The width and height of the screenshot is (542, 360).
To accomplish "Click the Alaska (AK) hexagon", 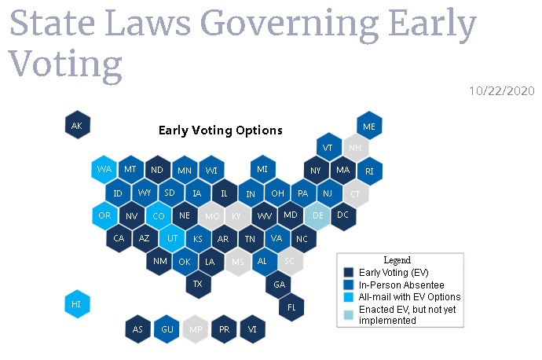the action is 78,125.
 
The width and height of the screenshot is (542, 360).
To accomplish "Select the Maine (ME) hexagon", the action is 369,126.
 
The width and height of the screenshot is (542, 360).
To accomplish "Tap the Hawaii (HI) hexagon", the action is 78,304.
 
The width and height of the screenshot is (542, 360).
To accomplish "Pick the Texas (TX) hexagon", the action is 198,284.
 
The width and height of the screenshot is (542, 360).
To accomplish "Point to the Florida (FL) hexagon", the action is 291,307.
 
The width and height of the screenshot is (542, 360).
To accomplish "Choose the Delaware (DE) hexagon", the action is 317,216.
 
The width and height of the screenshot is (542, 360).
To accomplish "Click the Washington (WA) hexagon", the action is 104,170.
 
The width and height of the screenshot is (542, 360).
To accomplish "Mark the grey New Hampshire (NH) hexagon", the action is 356,148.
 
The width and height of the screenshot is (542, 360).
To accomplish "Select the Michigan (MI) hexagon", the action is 262,170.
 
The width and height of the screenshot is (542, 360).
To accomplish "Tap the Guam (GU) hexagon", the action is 167,329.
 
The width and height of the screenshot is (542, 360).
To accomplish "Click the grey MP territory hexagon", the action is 196,329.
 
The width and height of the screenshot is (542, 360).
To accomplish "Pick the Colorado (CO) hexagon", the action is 159,216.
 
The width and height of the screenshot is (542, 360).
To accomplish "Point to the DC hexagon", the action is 343,216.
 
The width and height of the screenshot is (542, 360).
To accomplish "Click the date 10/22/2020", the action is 502,91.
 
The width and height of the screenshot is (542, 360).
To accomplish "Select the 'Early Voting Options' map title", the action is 221,130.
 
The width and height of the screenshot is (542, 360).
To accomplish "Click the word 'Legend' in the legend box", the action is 397,260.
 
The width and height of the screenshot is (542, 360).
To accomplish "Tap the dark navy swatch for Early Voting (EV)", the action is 349,273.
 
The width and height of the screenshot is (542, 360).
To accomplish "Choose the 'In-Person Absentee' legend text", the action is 401,285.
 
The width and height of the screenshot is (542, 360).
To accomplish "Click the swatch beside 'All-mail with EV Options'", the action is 349,297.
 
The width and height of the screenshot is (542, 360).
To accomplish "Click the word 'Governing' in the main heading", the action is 289,24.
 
